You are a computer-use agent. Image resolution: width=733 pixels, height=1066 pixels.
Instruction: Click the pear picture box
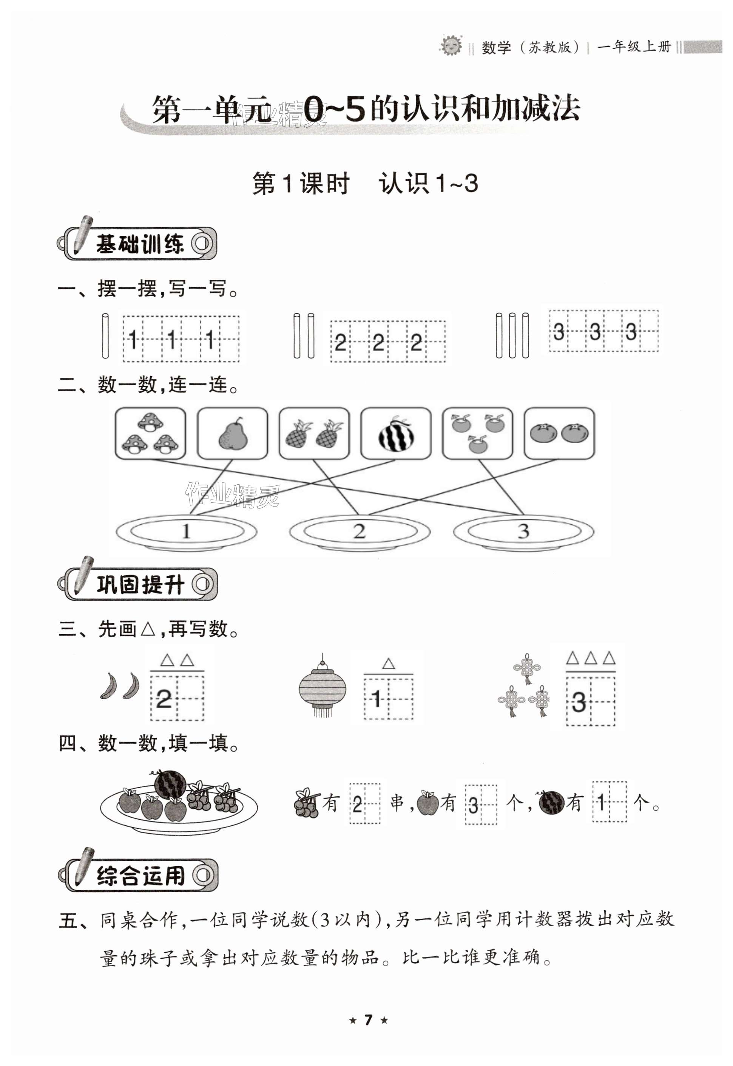(232, 433)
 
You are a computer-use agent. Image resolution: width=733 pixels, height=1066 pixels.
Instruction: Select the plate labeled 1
(186, 531)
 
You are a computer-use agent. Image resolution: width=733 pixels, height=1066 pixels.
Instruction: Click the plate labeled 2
(359, 531)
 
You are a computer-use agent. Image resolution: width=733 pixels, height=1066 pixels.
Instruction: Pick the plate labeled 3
(523, 531)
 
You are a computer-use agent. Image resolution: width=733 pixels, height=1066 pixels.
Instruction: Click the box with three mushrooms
(151, 433)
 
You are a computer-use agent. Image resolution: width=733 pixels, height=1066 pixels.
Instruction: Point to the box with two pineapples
(314, 433)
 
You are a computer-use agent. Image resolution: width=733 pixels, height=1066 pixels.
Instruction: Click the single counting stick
(105, 336)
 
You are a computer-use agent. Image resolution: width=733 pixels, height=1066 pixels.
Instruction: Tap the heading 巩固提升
(140, 585)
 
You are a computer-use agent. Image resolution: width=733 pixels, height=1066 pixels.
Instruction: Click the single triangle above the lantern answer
(389, 664)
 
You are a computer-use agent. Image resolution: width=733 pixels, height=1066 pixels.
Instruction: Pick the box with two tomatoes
(559, 433)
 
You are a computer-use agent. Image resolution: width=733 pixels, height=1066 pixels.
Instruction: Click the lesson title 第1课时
(301, 184)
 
